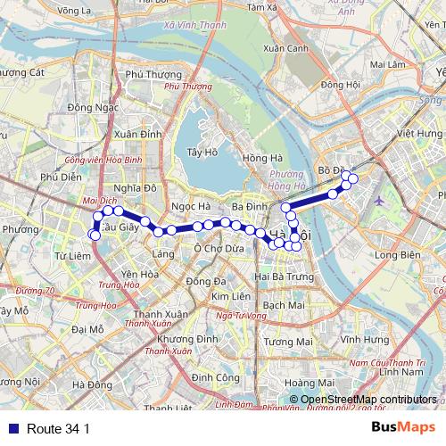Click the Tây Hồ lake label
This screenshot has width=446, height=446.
[x=202, y=153]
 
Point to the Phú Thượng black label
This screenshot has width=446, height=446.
[x=146, y=75]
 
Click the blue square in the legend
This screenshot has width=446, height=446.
[x=9, y=429]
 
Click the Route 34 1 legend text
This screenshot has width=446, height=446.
[x=58, y=429]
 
